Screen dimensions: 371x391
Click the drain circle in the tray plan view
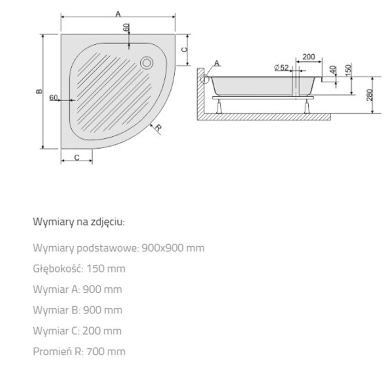pos(148,62)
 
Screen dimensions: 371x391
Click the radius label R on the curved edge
pos(157,128)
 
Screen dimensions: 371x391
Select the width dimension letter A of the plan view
pos(118,14)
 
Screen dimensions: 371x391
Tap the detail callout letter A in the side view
pos(216,63)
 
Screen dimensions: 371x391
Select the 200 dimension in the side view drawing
pos(309,57)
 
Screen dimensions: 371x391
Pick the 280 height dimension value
pos(370,95)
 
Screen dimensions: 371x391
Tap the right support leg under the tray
pos(306,106)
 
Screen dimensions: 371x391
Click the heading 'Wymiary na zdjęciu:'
pos(79,222)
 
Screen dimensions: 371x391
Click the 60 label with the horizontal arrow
pos(53,98)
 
